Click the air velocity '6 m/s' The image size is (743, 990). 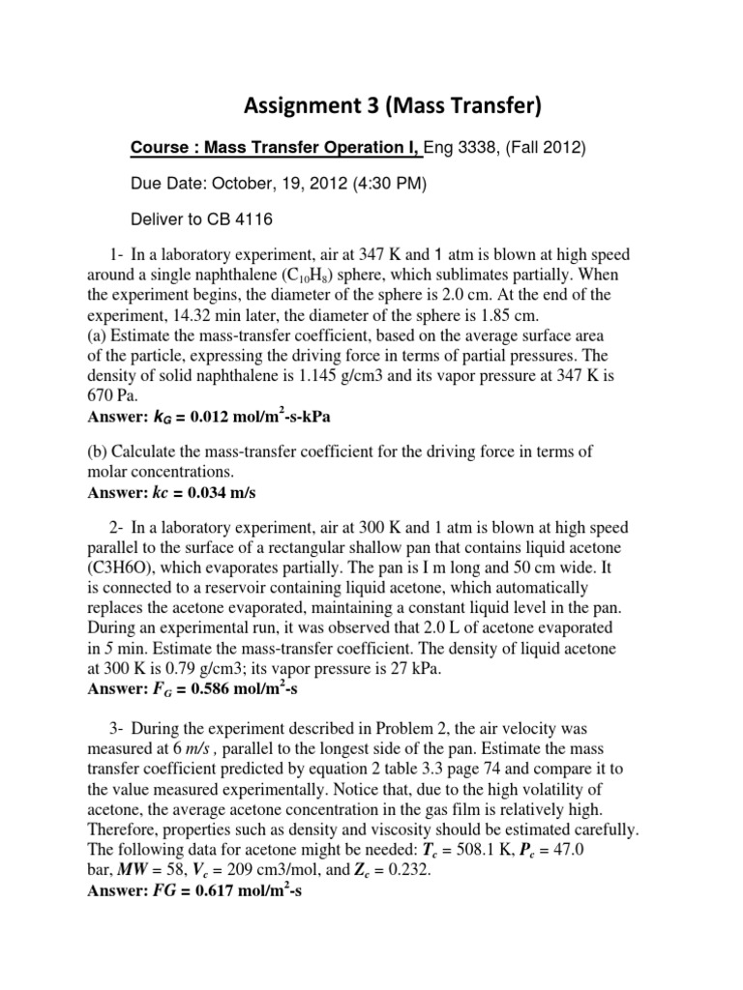(209, 747)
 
